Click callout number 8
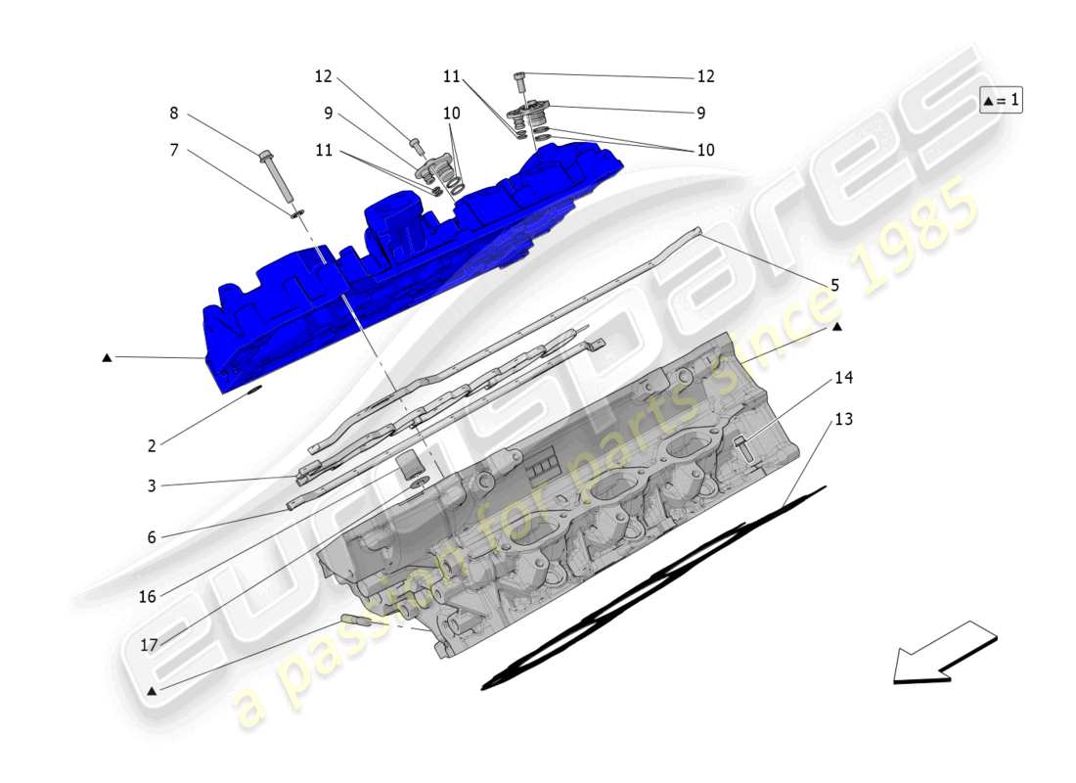coord(174,113)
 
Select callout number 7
coord(174,150)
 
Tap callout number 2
coord(152,446)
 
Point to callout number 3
coord(152,485)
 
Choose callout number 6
coord(152,536)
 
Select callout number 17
coord(149,645)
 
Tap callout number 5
coord(834,286)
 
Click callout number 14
coord(843,377)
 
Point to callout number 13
coord(843,419)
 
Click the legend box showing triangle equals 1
coord(1001,100)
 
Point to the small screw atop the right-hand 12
coord(519,76)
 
